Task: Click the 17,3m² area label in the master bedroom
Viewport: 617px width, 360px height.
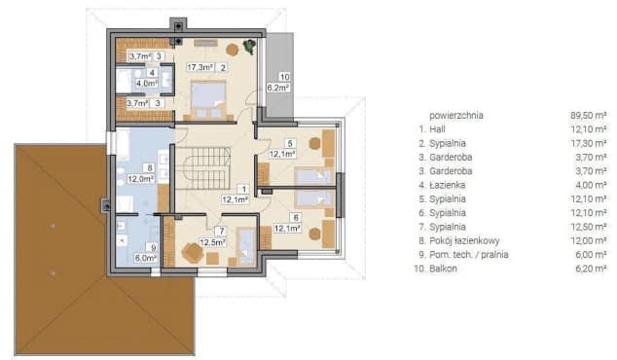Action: coord(200,67)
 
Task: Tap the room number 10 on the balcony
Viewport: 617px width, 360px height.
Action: coord(284,77)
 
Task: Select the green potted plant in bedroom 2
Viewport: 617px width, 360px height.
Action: coord(249,46)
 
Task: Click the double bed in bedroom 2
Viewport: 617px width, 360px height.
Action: coord(208,100)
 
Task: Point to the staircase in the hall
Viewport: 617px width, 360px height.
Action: coord(203,168)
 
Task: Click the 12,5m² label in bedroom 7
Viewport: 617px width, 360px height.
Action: coord(212,242)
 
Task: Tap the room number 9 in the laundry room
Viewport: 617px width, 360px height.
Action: coord(154,247)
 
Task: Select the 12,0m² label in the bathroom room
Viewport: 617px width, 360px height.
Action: coord(140,179)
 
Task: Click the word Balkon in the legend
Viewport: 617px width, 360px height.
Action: coord(443,269)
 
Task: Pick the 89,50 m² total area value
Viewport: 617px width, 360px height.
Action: coord(588,115)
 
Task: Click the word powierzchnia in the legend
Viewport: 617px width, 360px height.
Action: coord(456,115)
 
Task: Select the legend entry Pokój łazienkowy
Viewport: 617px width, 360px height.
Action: coord(464,240)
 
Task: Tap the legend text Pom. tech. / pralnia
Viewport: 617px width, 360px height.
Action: coord(469,255)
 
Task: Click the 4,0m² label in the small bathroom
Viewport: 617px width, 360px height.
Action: coord(146,83)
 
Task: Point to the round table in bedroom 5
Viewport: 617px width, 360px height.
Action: coord(314,143)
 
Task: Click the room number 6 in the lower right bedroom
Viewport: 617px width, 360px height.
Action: coord(296,218)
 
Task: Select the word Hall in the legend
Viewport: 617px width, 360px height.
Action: coord(438,129)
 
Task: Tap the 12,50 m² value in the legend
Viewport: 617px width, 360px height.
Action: coord(588,227)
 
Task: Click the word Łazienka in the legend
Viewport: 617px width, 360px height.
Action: coord(448,185)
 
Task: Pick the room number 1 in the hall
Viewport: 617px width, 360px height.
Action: coord(244,190)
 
